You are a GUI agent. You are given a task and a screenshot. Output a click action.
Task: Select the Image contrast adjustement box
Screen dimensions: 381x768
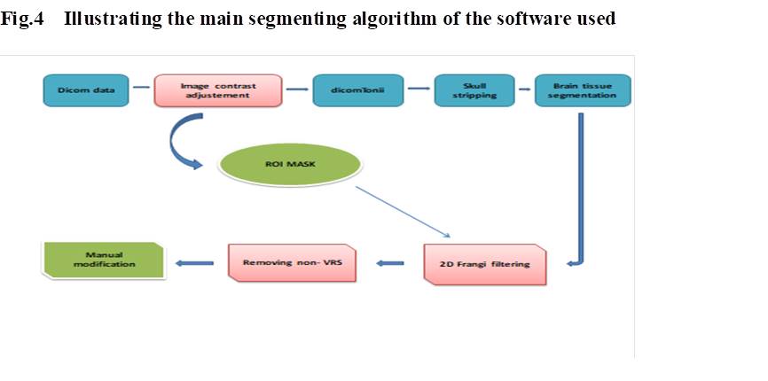tap(218, 90)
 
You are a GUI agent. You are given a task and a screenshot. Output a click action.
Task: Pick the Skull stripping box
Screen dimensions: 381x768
tap(474, 90)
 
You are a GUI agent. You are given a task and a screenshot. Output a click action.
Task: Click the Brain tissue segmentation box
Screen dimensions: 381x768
tap(583, 90)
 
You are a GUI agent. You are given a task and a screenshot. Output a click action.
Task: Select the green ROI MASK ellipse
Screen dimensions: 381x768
tap(291, 166)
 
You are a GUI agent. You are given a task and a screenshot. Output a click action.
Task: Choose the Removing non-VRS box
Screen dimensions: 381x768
tap(292, 263)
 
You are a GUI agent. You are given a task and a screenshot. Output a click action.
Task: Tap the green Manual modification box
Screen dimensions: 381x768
tap(104, 260)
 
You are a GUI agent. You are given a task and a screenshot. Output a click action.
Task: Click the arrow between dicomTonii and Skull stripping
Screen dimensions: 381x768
tap(419, 89)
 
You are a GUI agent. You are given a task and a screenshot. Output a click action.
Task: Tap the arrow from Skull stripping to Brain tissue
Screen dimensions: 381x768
tap(524, 89)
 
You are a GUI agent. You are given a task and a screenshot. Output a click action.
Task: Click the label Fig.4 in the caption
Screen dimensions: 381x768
tap(20, 19)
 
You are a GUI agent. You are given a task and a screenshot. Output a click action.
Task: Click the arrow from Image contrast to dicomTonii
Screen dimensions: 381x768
tap(298, 89)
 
